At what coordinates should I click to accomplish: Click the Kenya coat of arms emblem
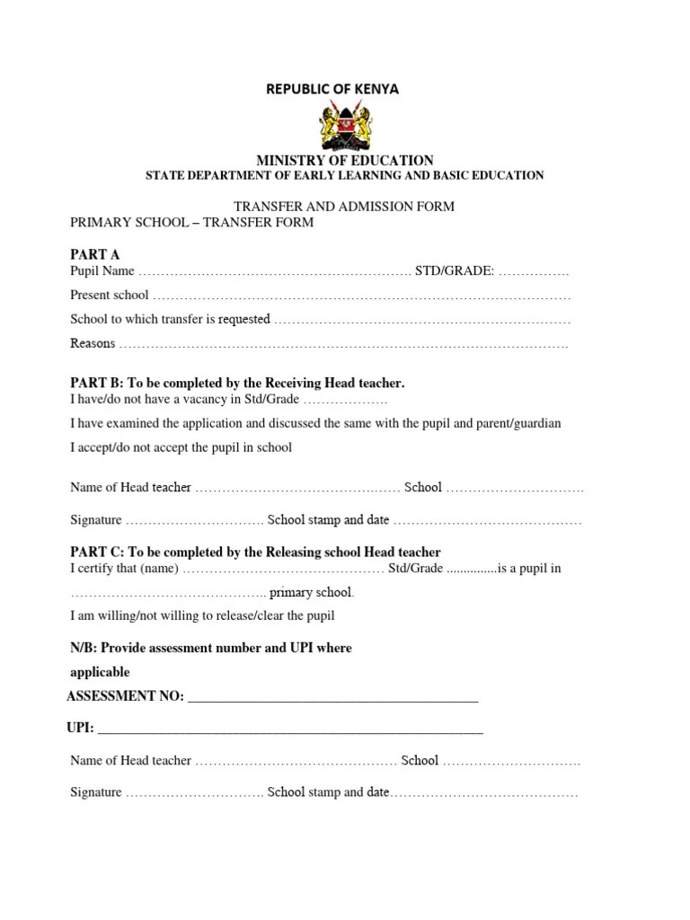click(344, 126)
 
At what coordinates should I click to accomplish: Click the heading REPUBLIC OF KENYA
click(332, 89)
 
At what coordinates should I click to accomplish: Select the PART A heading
click(95, 254)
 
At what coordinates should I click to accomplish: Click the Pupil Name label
click(102, 270)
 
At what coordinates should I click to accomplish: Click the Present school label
click(110, 295)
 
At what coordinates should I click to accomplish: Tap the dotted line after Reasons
click(343, 344)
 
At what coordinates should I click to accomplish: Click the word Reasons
click(93, 343)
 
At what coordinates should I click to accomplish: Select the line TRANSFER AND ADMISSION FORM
click(345, 207)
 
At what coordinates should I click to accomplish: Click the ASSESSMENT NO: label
click(125, 696)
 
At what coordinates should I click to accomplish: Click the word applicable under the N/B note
click(100, 672)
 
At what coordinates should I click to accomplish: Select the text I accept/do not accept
click(132, 447)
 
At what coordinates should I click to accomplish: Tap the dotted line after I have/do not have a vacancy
click(345, 400)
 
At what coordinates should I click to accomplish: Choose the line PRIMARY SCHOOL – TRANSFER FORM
click(192, 223)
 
